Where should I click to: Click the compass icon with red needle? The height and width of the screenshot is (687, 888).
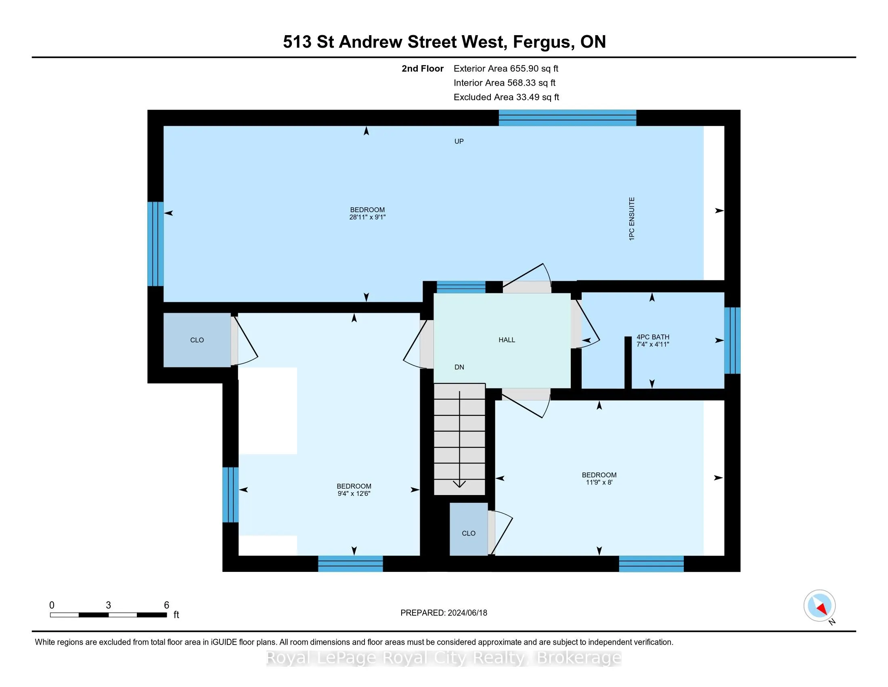coord(819,606)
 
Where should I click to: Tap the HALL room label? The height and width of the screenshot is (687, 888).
coord(507,340)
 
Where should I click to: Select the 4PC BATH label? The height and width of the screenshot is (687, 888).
coord(653,337)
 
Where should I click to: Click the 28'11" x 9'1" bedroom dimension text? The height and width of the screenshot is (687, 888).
coord(367,217)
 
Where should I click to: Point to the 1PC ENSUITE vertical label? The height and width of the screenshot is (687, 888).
coord(631,219)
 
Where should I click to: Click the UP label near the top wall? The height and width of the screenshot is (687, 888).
coord(459,141)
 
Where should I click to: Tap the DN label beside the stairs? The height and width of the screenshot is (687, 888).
coord(459,367)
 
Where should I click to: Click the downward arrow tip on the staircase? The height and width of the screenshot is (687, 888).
coord(459,485)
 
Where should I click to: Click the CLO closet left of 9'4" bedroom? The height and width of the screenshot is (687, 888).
coord(197,340)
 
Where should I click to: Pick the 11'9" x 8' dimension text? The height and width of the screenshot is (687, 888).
coord(599,482)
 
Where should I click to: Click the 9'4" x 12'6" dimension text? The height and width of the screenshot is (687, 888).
coord(354,494)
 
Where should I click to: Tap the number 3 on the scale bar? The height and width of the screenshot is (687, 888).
coord(108,605)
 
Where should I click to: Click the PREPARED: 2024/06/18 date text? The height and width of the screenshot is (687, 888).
coord(444,613)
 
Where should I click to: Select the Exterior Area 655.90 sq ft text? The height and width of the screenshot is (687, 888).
coord(506,68)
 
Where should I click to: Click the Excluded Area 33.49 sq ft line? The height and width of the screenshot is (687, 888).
coord(506,97)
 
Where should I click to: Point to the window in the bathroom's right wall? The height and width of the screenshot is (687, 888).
coord(732,340)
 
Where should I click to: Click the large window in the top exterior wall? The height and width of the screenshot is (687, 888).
coord(567,118)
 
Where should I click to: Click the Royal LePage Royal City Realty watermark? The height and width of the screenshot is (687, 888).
coord(444,658)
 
